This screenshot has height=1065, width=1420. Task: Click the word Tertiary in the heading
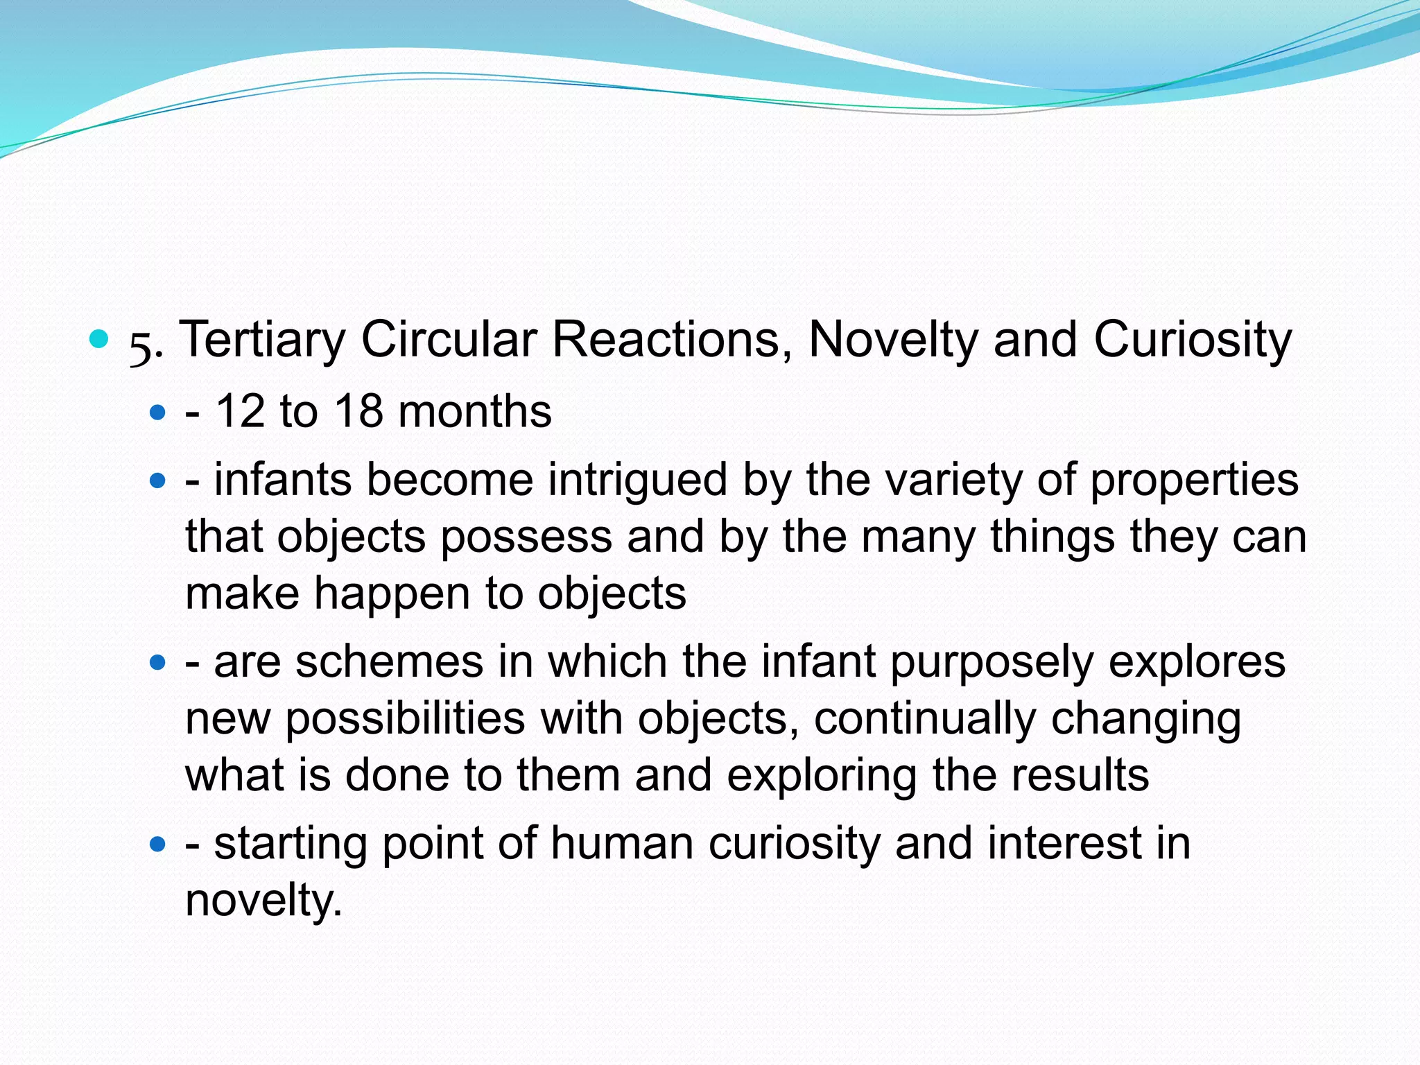pyautogui.click(x=262, y=340)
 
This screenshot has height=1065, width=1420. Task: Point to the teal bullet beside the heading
pyautogui.click(x=100, y=339)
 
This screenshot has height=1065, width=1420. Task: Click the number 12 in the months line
pyautogui.click(x=240, y=411)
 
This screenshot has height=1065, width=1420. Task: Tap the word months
pyautogui.click(x=475, y=411)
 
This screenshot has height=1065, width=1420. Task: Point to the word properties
pyautogui.click(x=1194, y=480)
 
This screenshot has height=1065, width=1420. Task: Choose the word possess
pyautogui.click(x=526, y=537)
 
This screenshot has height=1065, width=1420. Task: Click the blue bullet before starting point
pyautogui.click(x=158, y=845)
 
